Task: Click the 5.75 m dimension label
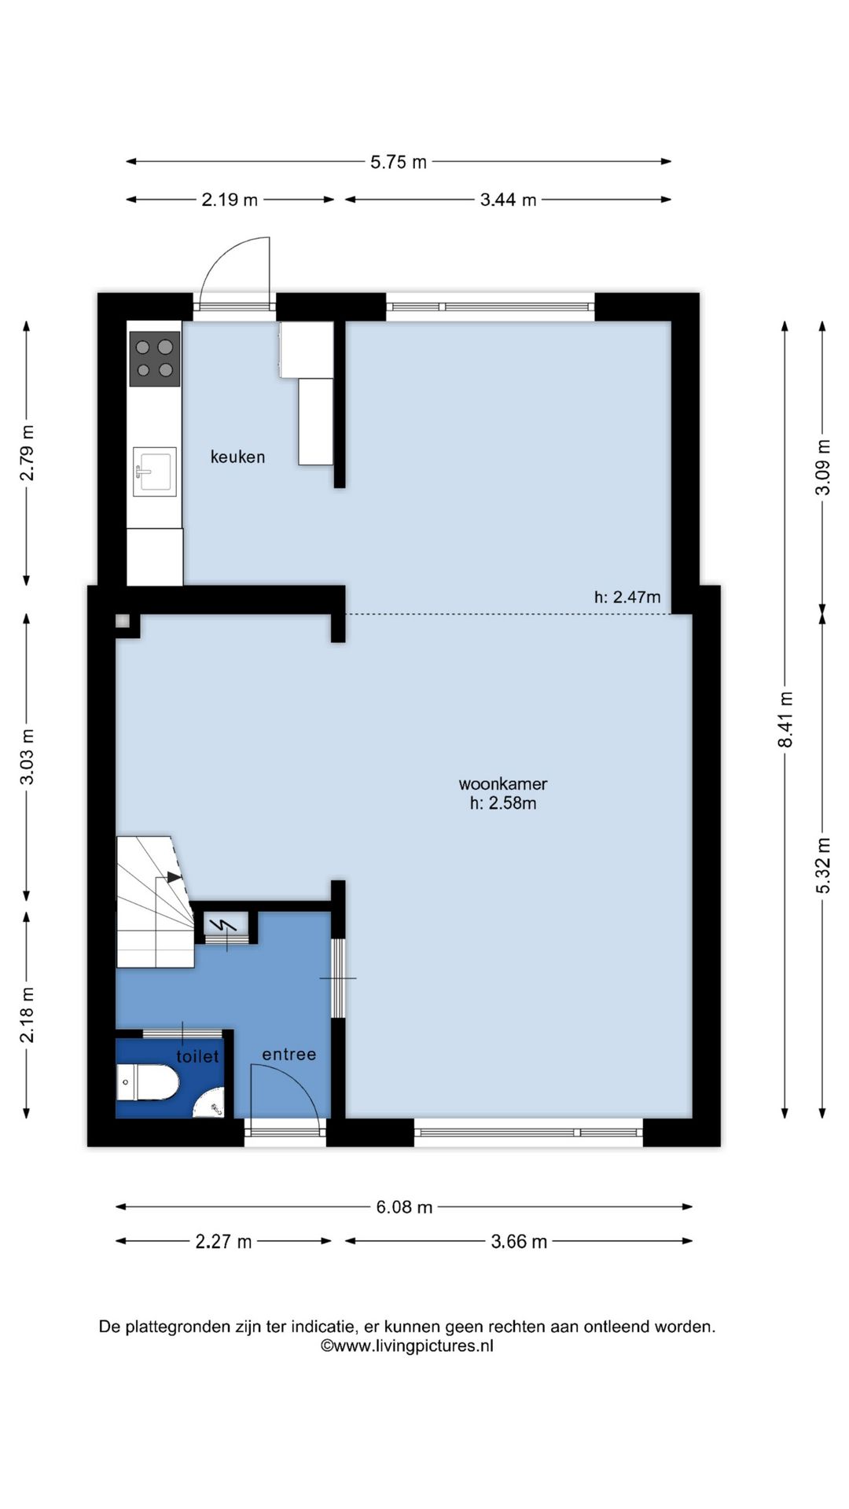[x=399, y=162]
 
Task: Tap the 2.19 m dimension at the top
[x=230, y=200]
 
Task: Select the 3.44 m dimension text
[x=508, y=200]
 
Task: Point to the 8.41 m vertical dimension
[x=785, y=719]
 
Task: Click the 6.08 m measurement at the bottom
[x=404, y=1206]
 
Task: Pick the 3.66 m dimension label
[x=519, y=1241]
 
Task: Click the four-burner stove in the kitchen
[x=155, y=358]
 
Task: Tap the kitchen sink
[x=154, y=472]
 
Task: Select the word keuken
[x=237, y=457]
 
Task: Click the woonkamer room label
[x=503, y=784]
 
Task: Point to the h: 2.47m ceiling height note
[x=627, y=597]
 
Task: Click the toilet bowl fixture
[x=148, y=1082]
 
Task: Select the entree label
[x=289, y=1054]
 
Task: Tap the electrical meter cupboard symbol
[x=226, y=926]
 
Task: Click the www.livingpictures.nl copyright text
[x=406, y=1346]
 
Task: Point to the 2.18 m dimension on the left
[x=27, y=1014]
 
